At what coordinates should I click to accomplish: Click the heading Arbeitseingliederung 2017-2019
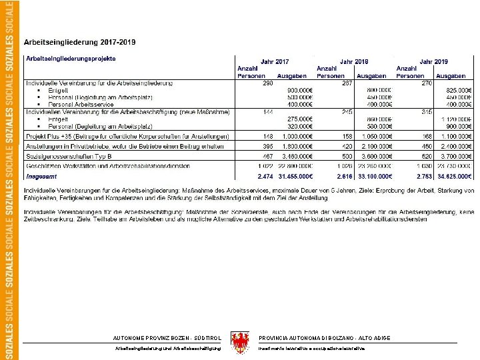[80, 43]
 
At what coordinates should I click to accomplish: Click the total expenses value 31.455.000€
[293, 176]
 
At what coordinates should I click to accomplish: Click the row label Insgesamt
[41, 176]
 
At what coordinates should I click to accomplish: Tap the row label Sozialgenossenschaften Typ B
[66, 155]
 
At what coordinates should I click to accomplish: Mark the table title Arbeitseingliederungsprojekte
[71, 59]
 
